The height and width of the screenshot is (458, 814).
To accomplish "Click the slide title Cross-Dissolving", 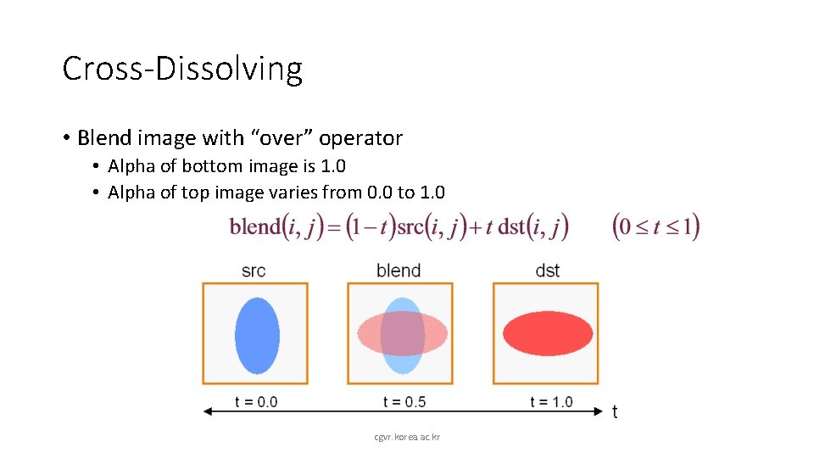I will pyautogui.click(x=182, y=69).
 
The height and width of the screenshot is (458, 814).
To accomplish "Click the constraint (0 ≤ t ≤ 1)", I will pyautogui.click(x=655, y=227).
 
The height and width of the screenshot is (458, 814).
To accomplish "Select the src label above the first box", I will pyautogui.click(x=254, y=271).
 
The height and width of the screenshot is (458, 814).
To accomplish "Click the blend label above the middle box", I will pyautogui.click(x=399, y=271).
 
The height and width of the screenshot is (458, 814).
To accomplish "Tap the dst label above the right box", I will pyautogui.click(x=547, y=271).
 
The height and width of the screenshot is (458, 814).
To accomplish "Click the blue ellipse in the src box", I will pyautogui.click(x=256, y=335).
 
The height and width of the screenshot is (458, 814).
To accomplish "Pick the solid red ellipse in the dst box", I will pyautogui.click(x=547, y=333).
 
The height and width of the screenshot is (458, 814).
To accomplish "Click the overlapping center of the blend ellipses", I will pyautogui.click(x=402, y=333).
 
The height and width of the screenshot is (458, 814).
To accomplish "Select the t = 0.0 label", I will pyautogui.click(x=256, y=401).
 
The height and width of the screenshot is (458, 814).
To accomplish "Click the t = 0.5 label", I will pyautogui.click(x=404, y=401).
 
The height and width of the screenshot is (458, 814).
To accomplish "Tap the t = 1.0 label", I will pyautogui.click(x=551, y=401).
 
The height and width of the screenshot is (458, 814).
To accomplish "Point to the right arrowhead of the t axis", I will pyautogui.click(x=596, y=411).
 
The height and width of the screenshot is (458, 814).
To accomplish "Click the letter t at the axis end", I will pyautogui.click(x=615, y=412).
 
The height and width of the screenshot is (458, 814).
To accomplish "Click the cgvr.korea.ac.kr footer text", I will pyautogui.click(x=407, y=437).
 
